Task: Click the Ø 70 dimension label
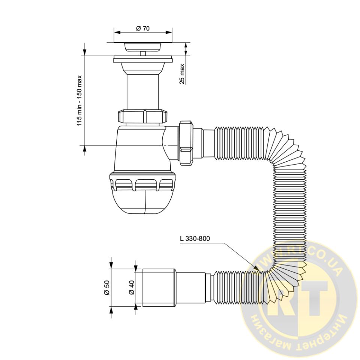pos(142,28)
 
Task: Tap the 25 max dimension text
pos(182,74)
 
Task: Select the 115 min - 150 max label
pos(79,100)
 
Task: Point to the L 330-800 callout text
pos(195,238)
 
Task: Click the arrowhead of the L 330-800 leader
pos(256,268)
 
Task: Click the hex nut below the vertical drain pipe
pos(142,117)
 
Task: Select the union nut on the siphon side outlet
pos(187,143)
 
